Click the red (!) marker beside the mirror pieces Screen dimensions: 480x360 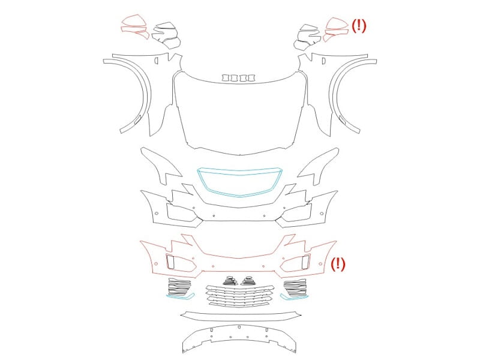[x=358, y=26]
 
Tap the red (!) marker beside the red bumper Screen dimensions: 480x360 [x=338, y=264]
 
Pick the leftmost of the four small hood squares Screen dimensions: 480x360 [x=226, y=78]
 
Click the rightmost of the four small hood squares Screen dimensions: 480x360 [x=252, y=78]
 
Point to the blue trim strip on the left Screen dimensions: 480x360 [x=181, y=296]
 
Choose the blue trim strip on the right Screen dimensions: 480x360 [x=294, y=297]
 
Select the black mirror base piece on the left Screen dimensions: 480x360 [x=166, y=35]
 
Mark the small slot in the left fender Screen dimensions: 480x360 [x=156, y=61]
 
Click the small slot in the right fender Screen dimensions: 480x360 [x=323, y=61]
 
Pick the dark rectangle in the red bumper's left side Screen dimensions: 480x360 [x=170, y=262]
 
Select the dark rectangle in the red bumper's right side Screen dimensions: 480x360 [x=306, y=262]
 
